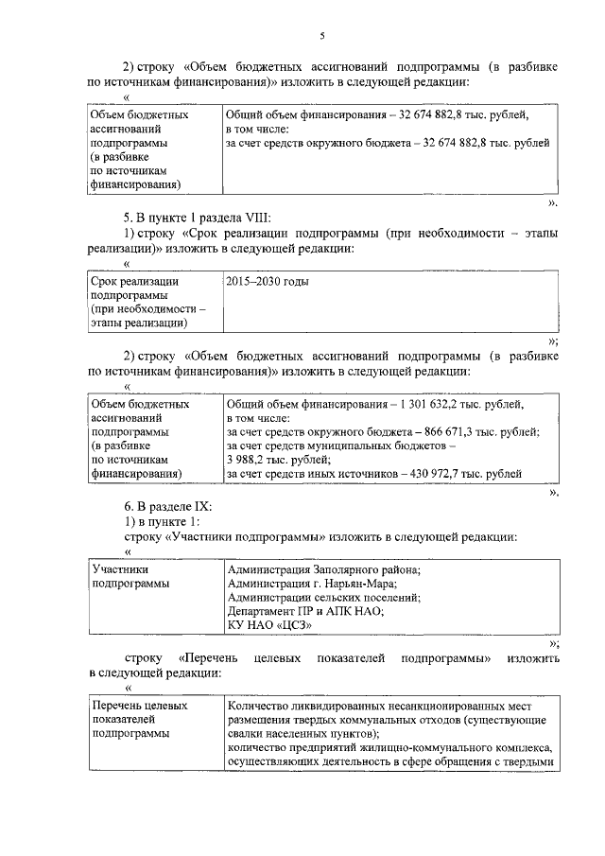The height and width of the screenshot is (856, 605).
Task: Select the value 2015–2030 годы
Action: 268,282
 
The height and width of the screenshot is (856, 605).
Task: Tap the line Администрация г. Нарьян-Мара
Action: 310,584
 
